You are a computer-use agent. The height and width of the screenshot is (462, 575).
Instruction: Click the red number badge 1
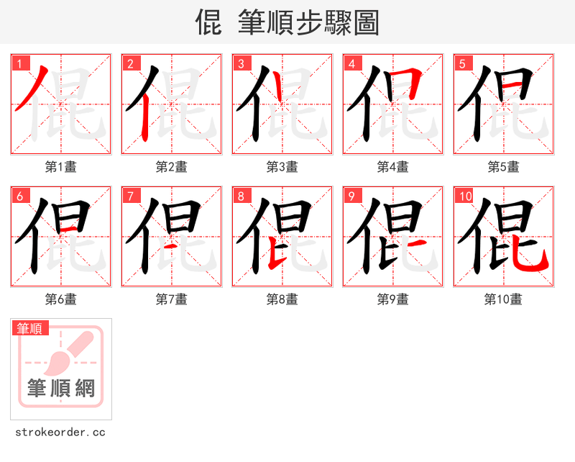20,63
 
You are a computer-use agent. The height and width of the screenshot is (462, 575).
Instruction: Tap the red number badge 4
352,63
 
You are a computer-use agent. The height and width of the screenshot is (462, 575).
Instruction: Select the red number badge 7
131,196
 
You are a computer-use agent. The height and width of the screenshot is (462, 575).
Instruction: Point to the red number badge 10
466,196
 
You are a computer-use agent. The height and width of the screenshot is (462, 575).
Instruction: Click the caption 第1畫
61,166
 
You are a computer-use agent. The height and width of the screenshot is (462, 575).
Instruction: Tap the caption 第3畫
282,166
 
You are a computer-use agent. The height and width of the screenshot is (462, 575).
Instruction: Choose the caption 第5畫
504,166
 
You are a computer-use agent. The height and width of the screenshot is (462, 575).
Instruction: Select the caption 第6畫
61,299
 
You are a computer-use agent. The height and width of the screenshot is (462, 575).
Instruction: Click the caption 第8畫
282,299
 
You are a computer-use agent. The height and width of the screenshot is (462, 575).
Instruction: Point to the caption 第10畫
504,299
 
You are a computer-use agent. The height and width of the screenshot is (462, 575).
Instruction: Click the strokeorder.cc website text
60,432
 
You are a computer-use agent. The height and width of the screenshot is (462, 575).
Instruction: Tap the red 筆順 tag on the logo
30,328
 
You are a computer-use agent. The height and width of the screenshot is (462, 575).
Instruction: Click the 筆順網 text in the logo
61,389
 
